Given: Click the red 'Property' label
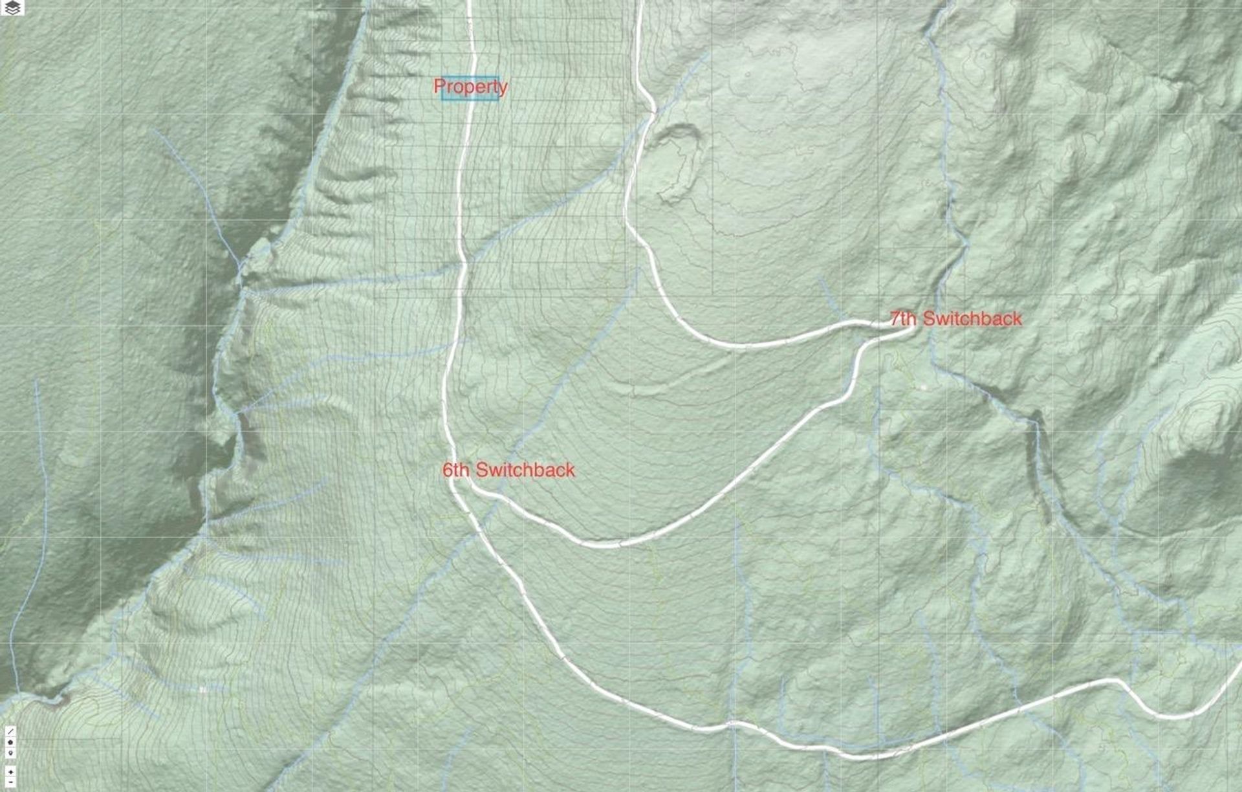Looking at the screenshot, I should (470, 86).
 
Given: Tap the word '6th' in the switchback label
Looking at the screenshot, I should (455, 470).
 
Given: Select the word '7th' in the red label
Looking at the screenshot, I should (903, 318).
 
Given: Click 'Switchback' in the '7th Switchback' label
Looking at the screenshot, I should (972, 318).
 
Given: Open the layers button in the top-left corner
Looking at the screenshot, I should (12, 8).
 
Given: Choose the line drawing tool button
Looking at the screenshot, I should (10, 731).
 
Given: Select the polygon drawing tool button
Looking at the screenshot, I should (10, 742).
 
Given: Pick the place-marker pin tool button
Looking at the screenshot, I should (10, 753).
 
